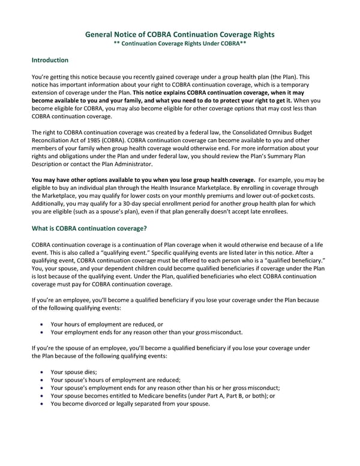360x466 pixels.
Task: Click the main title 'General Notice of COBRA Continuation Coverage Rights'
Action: (x=180, y=35)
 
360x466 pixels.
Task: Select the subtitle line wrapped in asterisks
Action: (x=180, y=45)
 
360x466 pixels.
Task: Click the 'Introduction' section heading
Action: (x=50, y=61)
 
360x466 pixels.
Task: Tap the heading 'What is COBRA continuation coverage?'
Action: (x=89, y=228)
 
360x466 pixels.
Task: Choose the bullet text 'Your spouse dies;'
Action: (x=74, y=372)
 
